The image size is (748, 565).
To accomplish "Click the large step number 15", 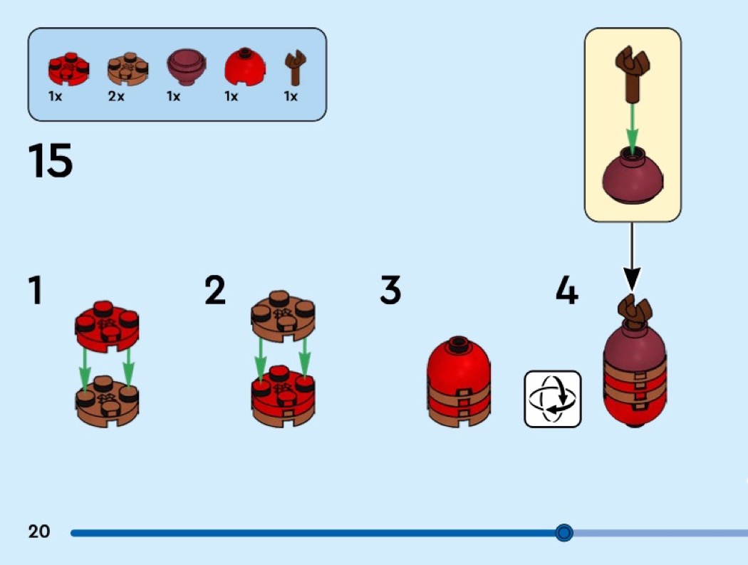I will [51, 160].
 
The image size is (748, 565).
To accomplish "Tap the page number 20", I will [39, 532].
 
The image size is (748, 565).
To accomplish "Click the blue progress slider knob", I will [563, 532].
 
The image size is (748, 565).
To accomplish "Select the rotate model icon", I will [552, 399].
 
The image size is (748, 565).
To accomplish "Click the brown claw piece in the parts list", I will [292, 68].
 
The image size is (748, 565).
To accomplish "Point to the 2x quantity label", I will [116, 97].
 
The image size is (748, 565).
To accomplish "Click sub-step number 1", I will [35, 291].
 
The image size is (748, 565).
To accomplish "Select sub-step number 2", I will [214, 291].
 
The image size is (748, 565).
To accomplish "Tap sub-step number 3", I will [390, 291].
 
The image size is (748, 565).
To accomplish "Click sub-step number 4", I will [566, 291].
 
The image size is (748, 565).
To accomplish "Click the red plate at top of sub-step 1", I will [107, 323].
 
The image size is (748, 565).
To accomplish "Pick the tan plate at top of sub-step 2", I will [283, 311].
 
